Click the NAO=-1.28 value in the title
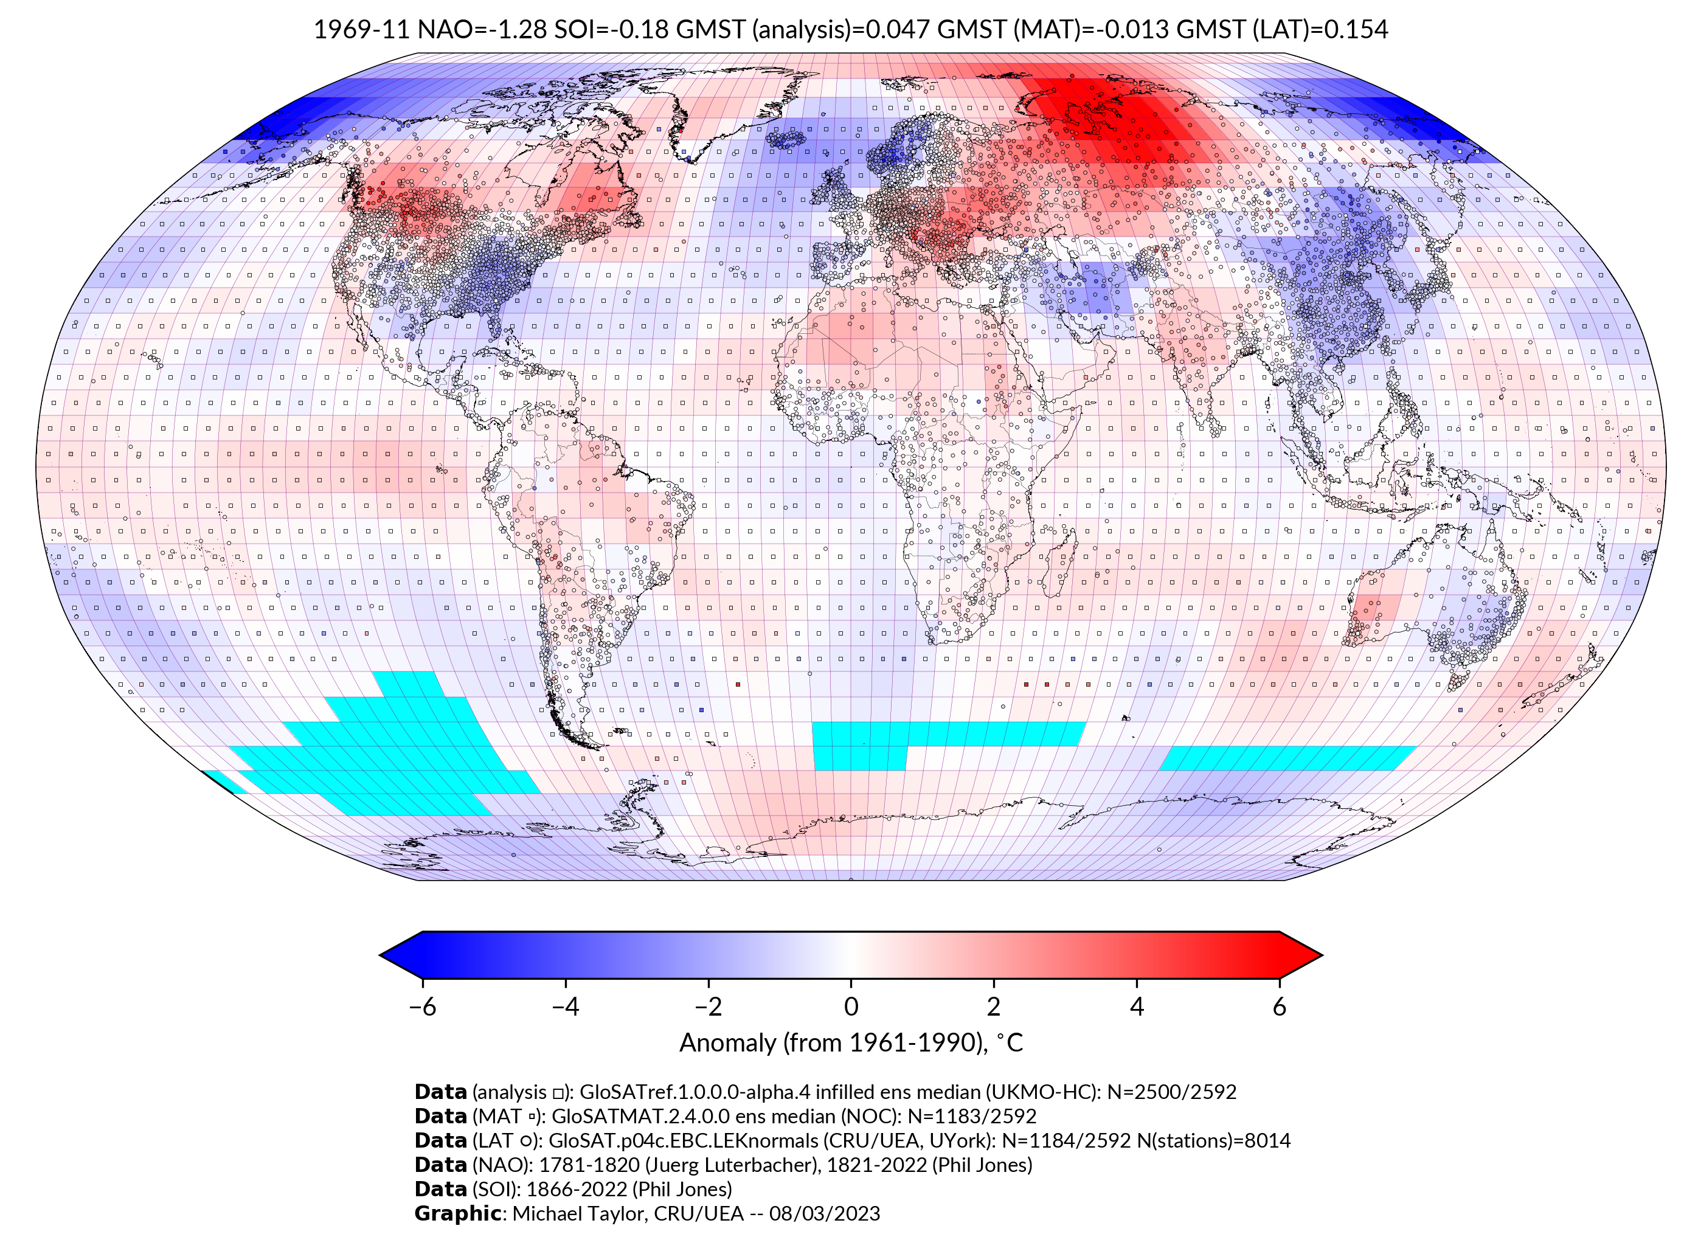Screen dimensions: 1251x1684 [482, 30]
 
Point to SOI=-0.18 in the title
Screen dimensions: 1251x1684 [612, 30]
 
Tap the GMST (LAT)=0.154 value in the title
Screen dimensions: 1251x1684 [1282, 30]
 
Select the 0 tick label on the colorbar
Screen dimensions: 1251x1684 [851, 1007]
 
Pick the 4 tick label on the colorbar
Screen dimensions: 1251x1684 [1137, 1007]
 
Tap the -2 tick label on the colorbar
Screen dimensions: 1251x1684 [708, 1007]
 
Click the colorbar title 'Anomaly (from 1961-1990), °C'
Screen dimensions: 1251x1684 [851, 1043]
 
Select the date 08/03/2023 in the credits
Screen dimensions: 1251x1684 [825, 1213]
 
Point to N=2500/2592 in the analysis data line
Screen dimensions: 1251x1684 [1171, 1092]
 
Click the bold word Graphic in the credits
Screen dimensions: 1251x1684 [457, 1213]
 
